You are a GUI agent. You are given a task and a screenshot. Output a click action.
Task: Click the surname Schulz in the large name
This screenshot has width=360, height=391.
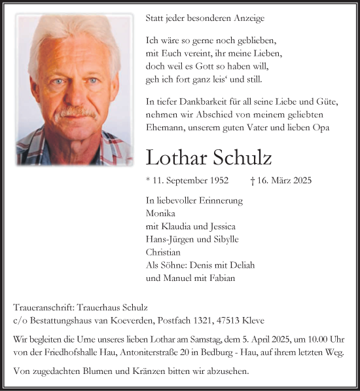[240, 158]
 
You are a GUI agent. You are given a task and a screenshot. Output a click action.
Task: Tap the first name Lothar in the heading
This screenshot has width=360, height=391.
[175, 158]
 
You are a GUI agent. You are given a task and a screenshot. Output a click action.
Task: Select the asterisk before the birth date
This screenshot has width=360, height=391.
[148, 179]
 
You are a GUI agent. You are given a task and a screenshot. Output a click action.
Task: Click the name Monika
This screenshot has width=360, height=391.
[160, 213]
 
